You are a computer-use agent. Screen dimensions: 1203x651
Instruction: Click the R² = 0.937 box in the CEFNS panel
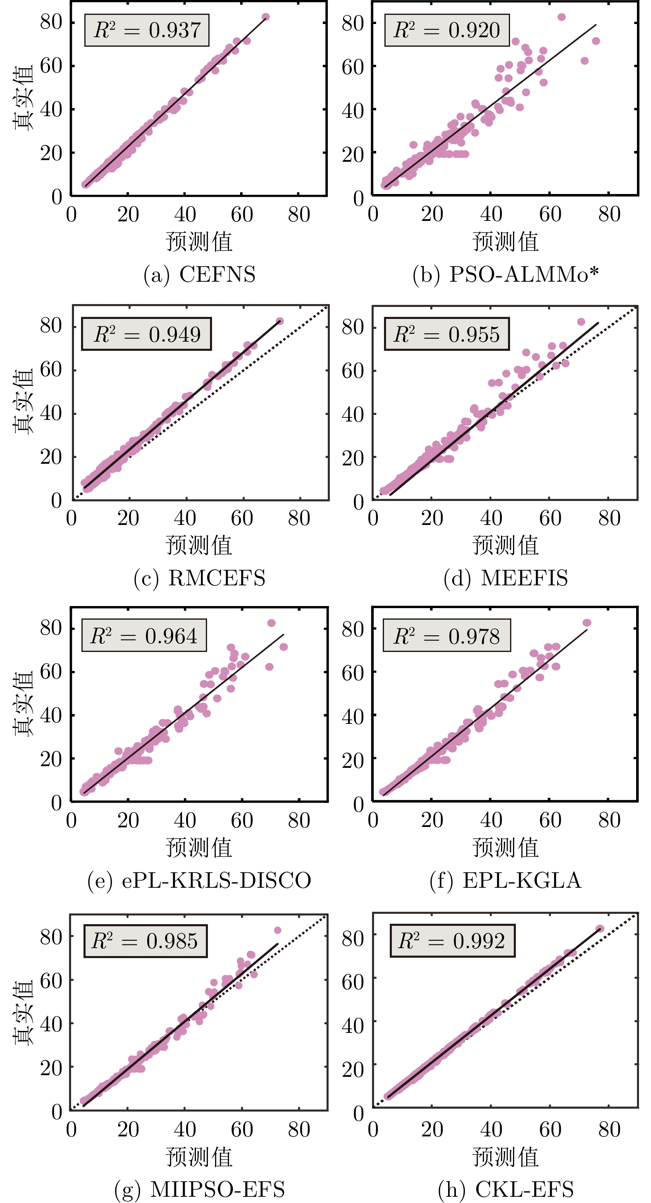[147, 30]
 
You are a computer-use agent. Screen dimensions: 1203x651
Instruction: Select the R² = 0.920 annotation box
[446, 30]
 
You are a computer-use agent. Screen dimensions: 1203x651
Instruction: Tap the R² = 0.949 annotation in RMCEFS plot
[147, 334]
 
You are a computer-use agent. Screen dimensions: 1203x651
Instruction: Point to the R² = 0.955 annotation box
[446, 334]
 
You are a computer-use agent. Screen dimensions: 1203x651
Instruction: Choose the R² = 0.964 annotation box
[144, 635]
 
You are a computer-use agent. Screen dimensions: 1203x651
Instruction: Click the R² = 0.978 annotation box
[446, 635]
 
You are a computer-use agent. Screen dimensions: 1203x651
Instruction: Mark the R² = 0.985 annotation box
[145, 941]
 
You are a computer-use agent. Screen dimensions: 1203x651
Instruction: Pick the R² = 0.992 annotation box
[452, 941]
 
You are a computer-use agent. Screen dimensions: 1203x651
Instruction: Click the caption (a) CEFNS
[199, 274]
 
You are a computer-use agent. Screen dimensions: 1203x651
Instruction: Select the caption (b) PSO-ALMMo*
[506, 274]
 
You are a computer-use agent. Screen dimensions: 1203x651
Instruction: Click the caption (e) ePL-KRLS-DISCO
[199, 880]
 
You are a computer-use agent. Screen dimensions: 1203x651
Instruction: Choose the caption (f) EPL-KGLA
[506, 880]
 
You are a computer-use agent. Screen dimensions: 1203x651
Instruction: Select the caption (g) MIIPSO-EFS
[199, 1189]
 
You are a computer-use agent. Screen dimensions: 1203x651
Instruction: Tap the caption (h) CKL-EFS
[506, 1189]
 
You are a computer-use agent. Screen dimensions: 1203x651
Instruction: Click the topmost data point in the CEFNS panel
[265, 17]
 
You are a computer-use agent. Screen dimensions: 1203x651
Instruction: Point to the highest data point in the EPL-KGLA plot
[587, 623]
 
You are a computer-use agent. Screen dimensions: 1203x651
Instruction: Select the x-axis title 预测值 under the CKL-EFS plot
[506, 1157]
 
